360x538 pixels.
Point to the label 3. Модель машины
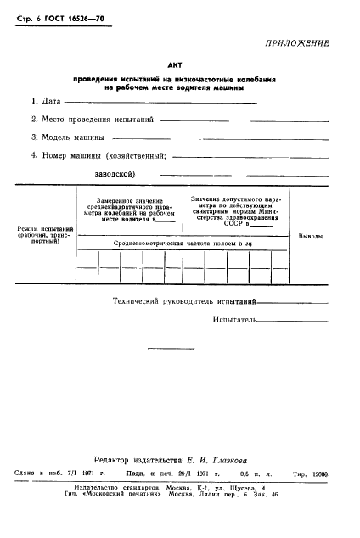[x=68, y=137]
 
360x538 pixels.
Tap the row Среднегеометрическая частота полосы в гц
[x=183, y=244]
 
